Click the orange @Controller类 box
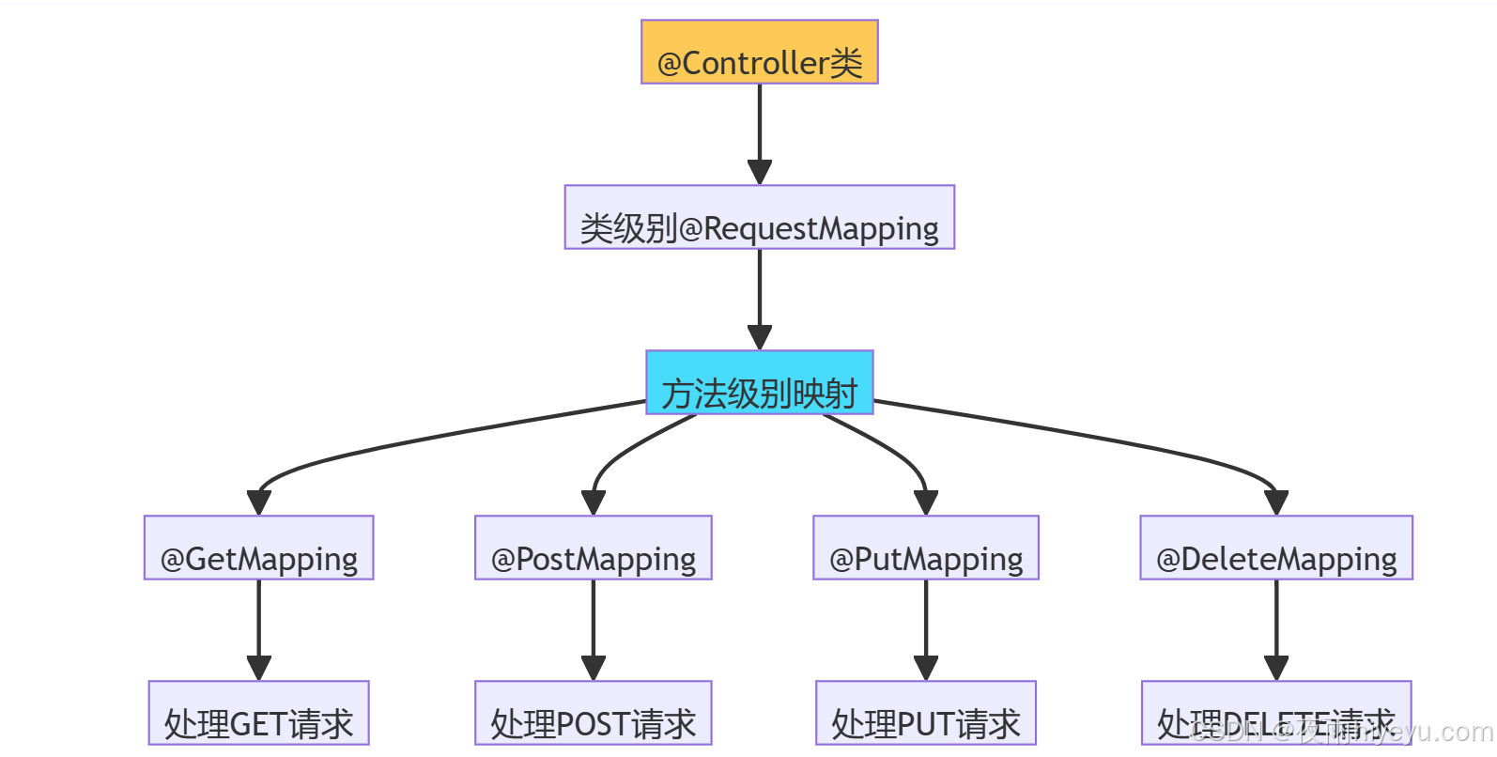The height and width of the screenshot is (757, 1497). [759, 53]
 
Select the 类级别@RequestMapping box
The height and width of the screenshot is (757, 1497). [759, 218]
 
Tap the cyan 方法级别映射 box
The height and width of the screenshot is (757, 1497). [759, 383]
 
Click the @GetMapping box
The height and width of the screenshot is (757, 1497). [258, 548]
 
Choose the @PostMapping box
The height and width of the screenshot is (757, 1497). [593, 548]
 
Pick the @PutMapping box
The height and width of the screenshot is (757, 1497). [925, 548]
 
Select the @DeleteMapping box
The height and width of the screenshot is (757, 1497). [1275, 548]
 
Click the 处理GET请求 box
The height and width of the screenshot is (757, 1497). [258, 714]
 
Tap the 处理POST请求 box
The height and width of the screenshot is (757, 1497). [593, 714]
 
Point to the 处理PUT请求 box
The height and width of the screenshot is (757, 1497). [925, 714]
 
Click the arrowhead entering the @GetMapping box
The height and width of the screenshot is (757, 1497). [258, 502]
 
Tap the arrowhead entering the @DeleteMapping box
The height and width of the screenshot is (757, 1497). [1275, 502]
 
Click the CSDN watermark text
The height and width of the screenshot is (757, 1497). [1343, 732]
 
